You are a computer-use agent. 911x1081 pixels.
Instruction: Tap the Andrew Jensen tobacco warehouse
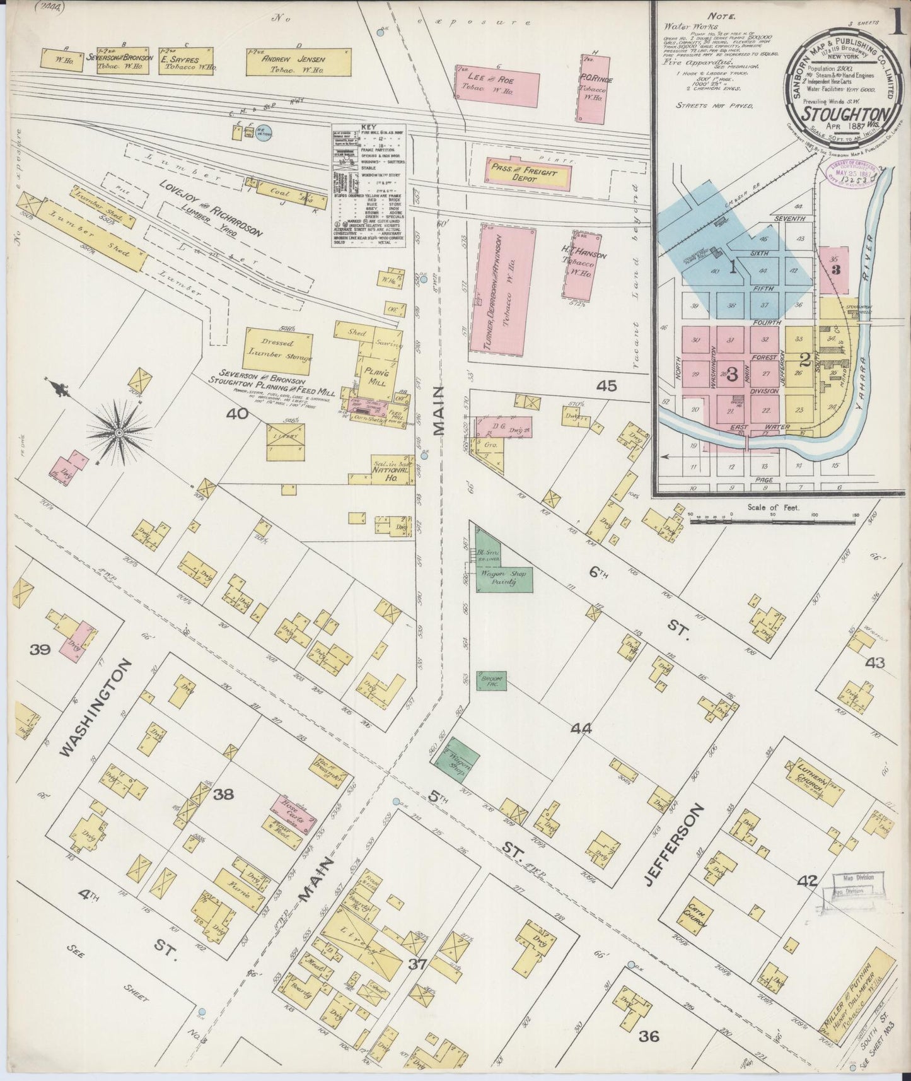click(x=298, y=62)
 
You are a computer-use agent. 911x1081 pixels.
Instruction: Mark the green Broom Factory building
click(x=492, y=681)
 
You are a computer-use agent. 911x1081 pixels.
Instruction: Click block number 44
click(x=581, y=729)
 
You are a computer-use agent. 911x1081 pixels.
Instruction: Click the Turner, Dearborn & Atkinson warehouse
click(x=502, y=288)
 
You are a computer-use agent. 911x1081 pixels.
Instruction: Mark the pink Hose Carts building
click(x=293, y=810)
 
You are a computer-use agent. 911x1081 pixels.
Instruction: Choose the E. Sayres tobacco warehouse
click(x=188, y=62)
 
